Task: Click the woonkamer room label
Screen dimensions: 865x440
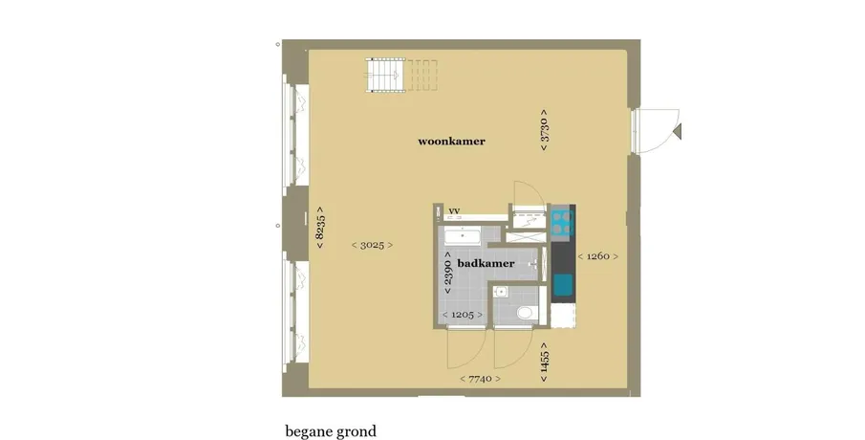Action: [451, 141]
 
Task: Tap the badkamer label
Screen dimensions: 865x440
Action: [486, 263]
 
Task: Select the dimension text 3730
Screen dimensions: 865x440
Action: [544, 130]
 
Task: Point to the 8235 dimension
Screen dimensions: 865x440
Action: [320, 228]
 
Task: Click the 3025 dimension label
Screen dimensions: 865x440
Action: [372, 245]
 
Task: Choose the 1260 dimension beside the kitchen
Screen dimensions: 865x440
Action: [597, 256]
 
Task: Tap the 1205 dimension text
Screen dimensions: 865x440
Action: [463, 315]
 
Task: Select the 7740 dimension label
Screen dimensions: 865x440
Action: [480, 379]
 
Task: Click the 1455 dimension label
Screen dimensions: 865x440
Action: [544, 363]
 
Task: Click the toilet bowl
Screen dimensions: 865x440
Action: [525, 313]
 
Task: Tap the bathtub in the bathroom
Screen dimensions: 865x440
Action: [463, 237]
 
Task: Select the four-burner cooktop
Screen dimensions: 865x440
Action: [562, 222]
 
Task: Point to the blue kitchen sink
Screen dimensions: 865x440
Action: [562, 285]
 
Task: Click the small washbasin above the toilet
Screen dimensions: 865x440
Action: [502, 292]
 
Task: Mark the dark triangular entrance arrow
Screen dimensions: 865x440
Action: [678, 131]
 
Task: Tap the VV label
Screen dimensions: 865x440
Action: [454, 211]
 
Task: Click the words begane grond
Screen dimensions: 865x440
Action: [331, 431]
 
